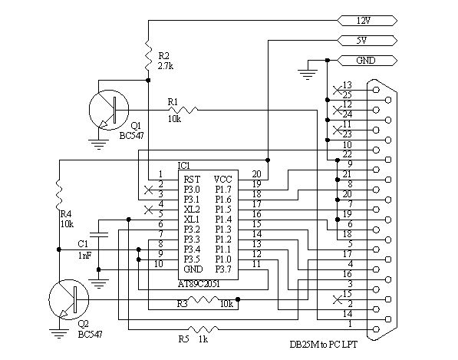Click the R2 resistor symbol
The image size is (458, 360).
148,56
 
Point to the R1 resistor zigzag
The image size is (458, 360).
183,110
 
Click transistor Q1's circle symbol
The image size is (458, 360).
109,110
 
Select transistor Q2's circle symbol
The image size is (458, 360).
68,299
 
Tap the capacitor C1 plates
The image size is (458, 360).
99,234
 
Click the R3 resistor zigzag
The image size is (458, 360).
203,299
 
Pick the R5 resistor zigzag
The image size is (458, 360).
203,329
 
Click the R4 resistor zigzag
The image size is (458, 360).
59,195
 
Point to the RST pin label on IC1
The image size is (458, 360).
192,179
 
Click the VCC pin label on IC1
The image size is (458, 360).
222,179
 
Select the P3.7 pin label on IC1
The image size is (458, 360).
223,269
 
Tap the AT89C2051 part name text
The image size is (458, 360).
199,284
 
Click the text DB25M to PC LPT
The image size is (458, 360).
323,345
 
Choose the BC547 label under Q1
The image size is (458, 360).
131,136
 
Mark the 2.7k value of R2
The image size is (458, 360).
166,66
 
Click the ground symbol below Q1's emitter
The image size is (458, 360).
99,144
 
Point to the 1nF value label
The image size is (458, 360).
84,256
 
